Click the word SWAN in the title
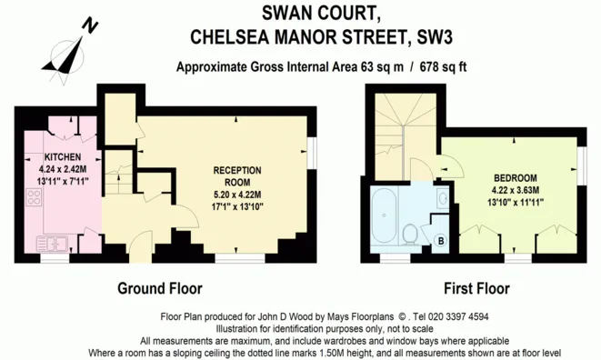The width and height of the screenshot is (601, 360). pyautogui.click(x=311, y=12)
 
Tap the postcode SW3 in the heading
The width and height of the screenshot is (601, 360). pyautogui.click(x=433, y=37)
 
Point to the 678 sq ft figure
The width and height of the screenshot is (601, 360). pyautogui.click(x=446, y=66)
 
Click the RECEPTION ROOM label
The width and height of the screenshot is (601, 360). pyautogui.click(x=237, y=175)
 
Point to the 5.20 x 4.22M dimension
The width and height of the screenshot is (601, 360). pyautogui.click(x=237, y=194)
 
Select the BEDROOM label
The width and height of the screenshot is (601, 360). pyautogui.click(x=516, y=177)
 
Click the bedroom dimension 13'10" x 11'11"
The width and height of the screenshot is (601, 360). pyautogui.click(x=516, y=203)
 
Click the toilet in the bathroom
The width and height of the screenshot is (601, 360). pyautogui.click(x=412, y=234)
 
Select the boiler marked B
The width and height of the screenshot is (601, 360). pyautogui.click(x=441, y=240)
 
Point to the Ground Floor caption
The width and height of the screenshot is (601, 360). pyautogui.click(x=159, y=289)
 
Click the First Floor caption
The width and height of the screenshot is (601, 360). pyautogui.click(x=476, y=289)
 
